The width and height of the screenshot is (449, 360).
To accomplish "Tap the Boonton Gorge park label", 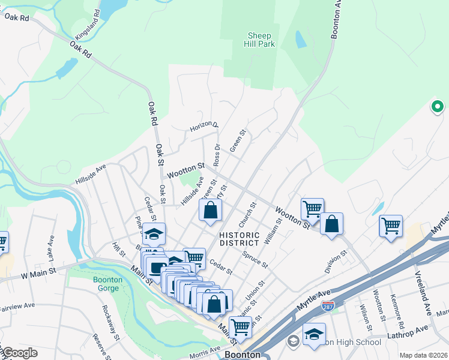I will [x=107, y=283].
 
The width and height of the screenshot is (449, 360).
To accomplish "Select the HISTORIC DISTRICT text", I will [x=239, y=239].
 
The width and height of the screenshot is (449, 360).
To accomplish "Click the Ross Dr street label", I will [x=217, y=154].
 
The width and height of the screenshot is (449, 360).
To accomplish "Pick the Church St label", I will [x=247, y=213].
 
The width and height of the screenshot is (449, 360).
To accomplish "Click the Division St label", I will [x=336, y=261].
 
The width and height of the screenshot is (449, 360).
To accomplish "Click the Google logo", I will [x=19, y=353].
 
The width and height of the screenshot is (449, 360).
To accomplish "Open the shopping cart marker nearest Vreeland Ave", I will [x=391, y=227].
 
